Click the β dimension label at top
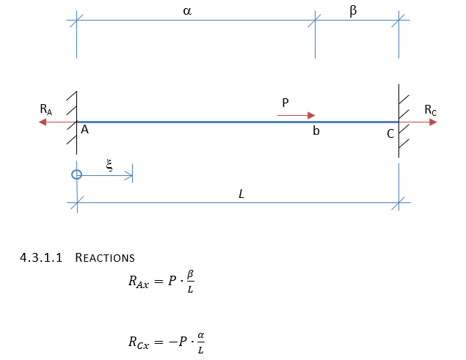pyautogui.click(x=354, y=12)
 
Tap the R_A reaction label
pyautogui.click(x=46, y=109)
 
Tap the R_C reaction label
pyautogui.click(x=431, y=110)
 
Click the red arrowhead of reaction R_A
pyautogui.click(x=42, y=122)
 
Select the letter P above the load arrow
pyautogui.click(x=286, y=103)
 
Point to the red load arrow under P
pyautogui.click(x=296, y=115)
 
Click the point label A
pyautogui.click(x=85, y=130)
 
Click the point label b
pyautogui.click(x=316, y=132)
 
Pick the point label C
pyautogui.click(x=390, y=133)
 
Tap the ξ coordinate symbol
pyautogui.click(x=109, y=166)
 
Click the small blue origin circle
pyautogui.click(x=76, y=175)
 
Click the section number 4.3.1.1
pyautogui.click(x=44, y=258)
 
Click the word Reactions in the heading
pyautogui.click(x=105, y=258)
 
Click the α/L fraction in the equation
pyautogui.click(x=201, y=341)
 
